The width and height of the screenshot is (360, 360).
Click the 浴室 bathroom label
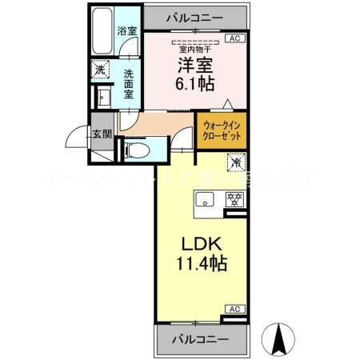tap(127, 31)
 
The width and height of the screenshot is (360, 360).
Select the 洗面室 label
tap(129, 81)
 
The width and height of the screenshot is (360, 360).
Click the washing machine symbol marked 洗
tap(100, 70)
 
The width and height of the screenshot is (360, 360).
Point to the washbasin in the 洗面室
tap(102, 96)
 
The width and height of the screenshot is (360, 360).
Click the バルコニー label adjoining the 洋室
tap(195, 17)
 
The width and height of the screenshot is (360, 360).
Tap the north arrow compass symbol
tap(282, 338)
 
